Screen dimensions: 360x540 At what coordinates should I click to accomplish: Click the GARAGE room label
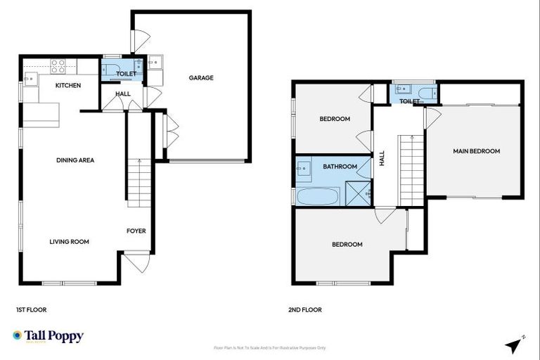200,78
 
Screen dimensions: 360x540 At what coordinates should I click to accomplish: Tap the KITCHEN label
69,86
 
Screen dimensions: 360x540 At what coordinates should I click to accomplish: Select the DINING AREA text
75,160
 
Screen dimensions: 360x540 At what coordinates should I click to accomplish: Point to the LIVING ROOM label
69,242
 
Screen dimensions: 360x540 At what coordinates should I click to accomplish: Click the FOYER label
136,231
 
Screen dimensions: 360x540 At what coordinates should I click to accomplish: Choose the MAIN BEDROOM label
476,151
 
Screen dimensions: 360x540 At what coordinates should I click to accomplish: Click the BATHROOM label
340,167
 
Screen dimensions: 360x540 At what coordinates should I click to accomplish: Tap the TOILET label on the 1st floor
126,73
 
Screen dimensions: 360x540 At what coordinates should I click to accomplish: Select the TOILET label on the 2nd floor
409,101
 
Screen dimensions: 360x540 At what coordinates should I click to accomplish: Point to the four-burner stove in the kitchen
58,66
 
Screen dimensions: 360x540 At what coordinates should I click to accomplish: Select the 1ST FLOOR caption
31,309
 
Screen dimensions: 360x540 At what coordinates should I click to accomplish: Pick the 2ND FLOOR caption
305,309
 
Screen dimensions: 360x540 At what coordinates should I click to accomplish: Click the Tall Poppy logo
48,336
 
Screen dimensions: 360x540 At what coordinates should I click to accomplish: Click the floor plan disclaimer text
270,348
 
